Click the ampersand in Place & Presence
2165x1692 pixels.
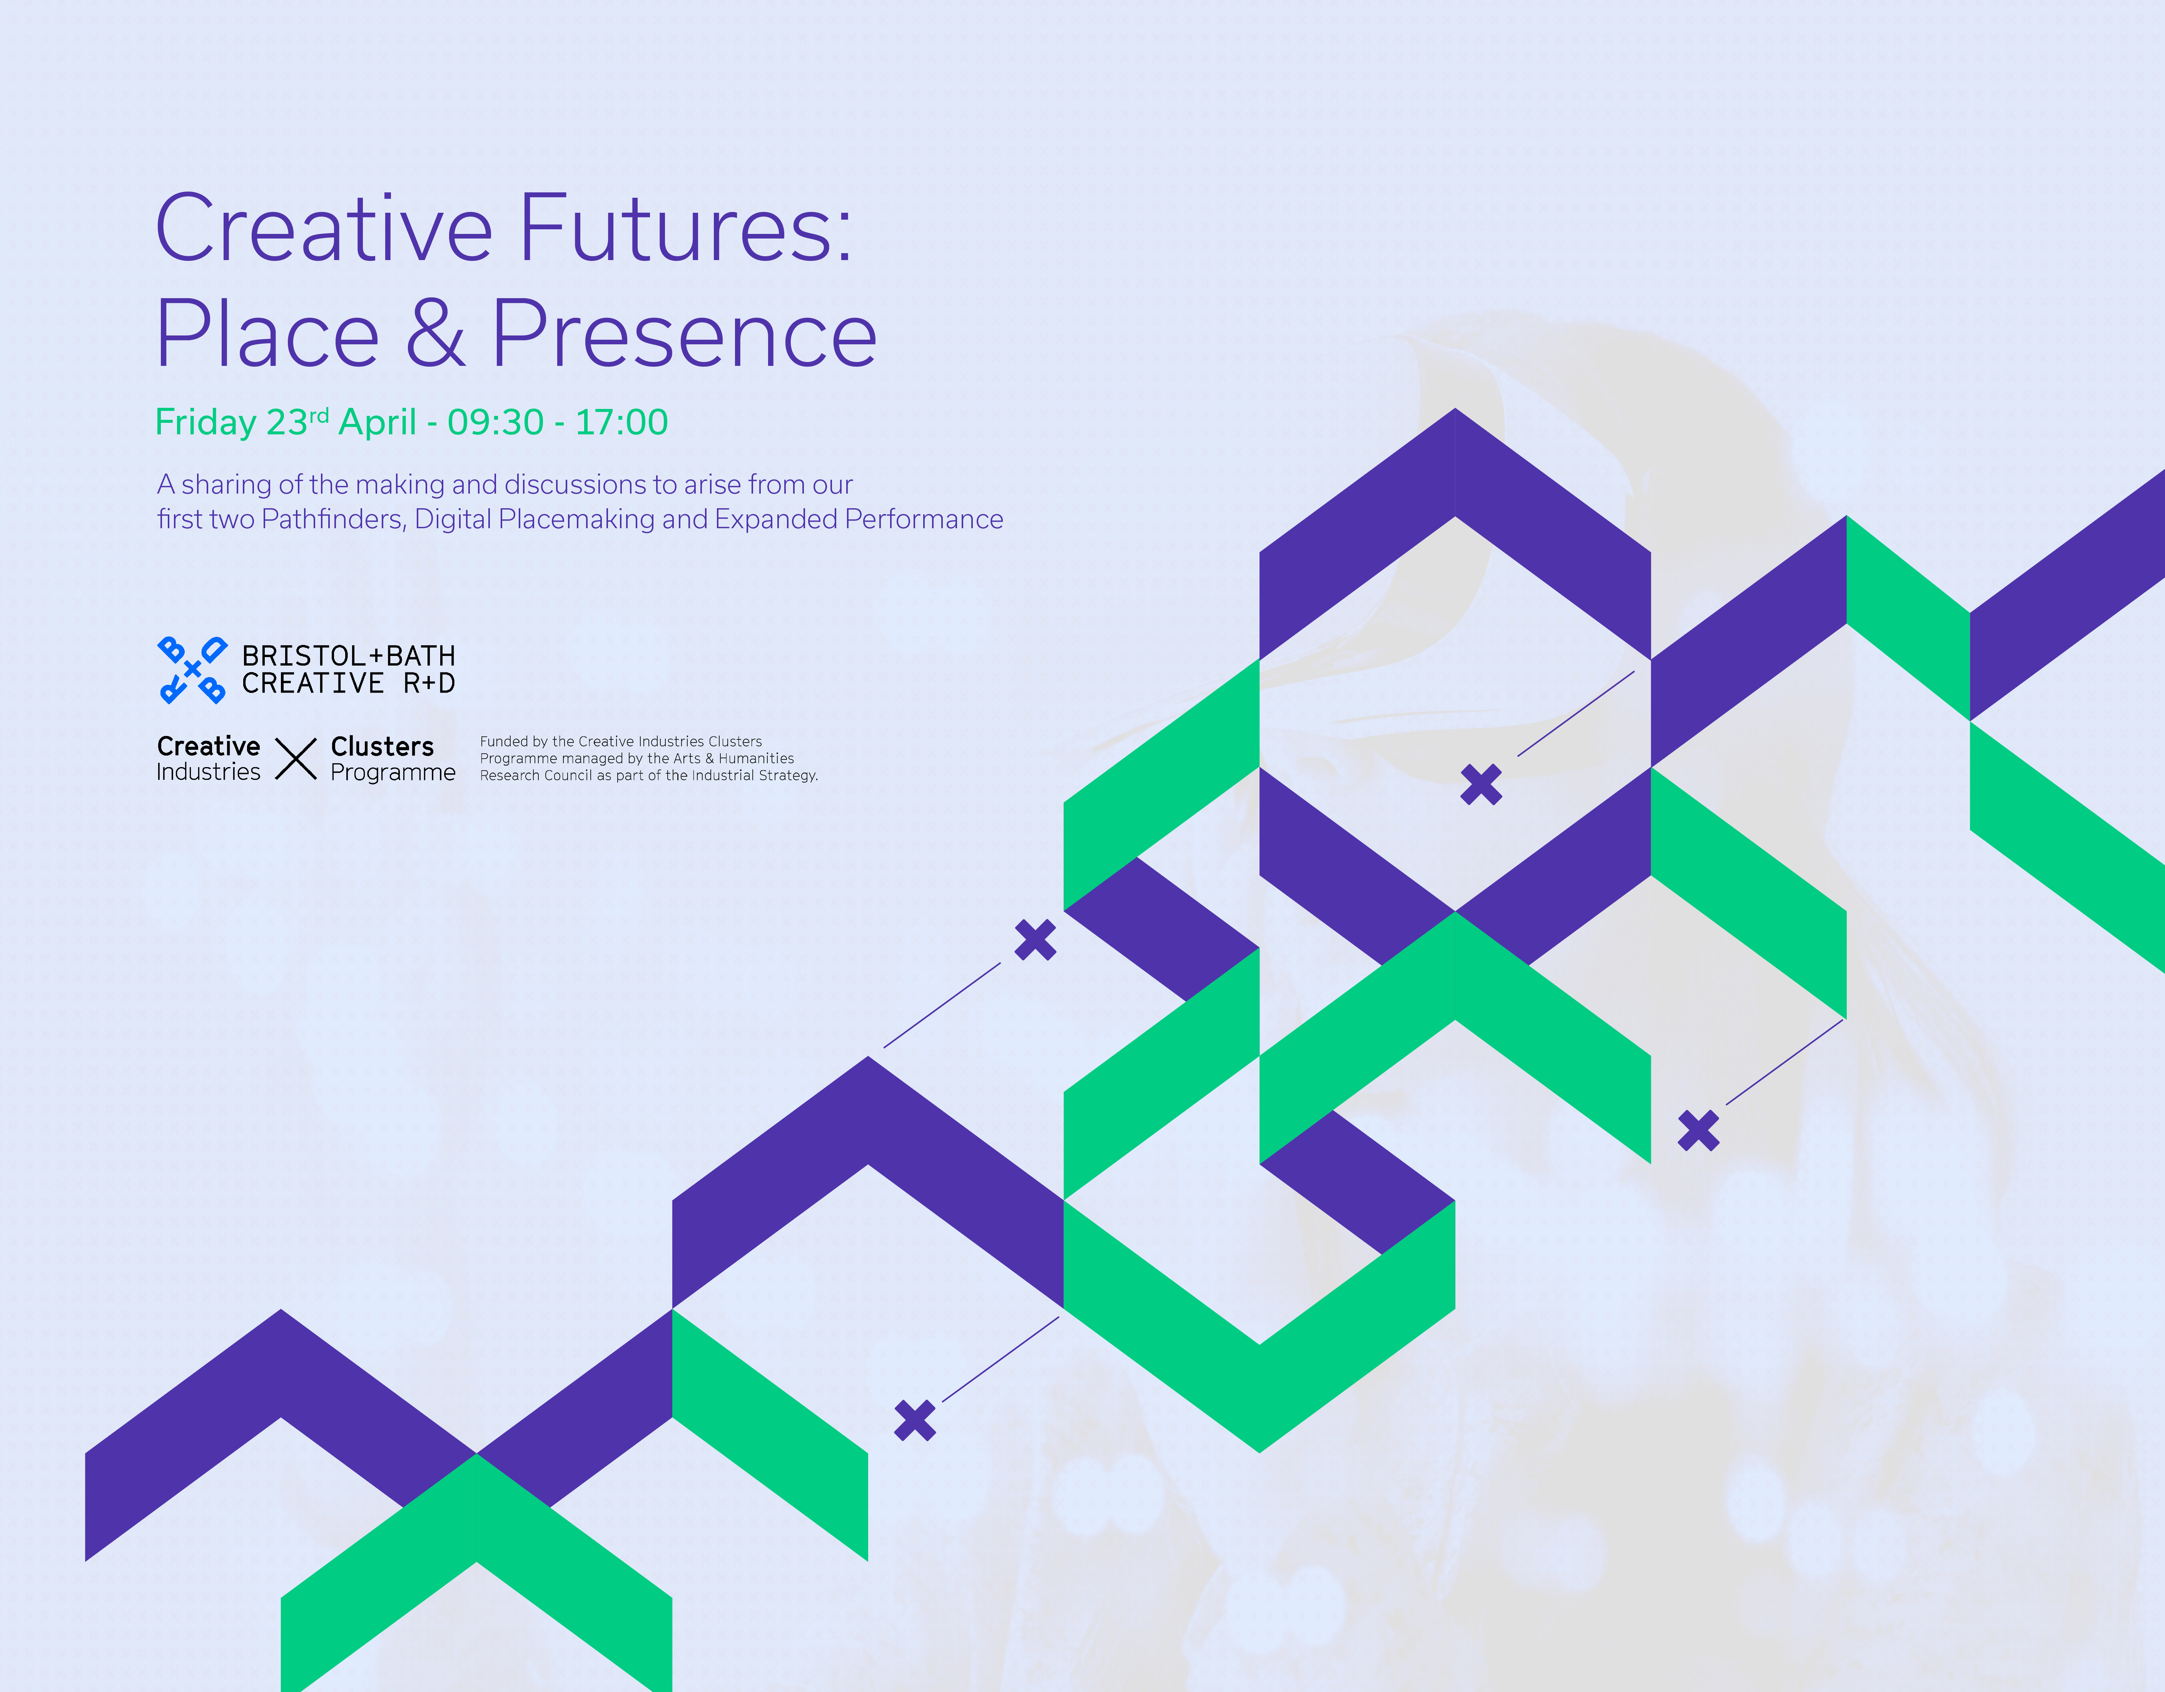tap(435, 334)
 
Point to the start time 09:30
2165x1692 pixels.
tap(496, 422)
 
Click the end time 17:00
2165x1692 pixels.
tap(621, 422)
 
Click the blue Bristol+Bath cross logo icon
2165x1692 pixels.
tap(192, 670)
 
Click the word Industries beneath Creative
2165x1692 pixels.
tap(208, 772)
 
